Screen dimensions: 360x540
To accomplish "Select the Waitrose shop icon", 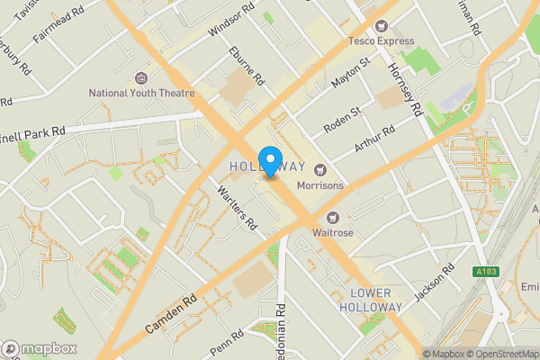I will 333,217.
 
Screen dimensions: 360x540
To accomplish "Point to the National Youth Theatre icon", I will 139,78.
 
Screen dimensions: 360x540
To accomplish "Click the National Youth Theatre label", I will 139,93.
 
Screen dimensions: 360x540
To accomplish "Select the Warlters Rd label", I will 238,206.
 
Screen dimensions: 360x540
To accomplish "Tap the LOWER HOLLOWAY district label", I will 370,301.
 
